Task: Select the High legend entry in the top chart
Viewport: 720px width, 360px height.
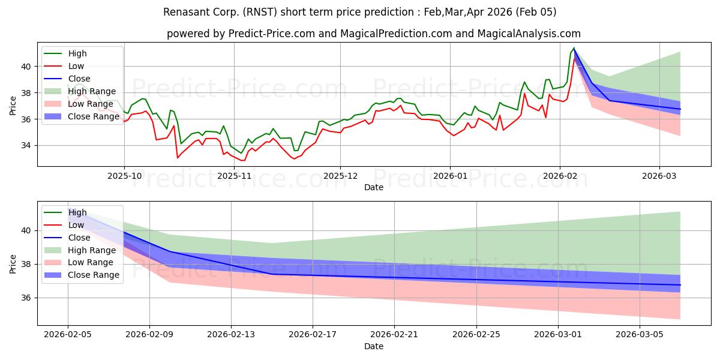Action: (76, 53)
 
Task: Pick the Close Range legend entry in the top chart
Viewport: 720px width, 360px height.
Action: (94, 116)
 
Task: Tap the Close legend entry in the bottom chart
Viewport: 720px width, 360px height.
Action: (79, 237)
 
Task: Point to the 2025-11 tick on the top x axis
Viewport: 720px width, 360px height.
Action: (234, 176)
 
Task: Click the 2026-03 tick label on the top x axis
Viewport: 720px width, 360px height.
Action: (659, 176)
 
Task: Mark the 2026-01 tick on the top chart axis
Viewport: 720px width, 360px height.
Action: (450, 176)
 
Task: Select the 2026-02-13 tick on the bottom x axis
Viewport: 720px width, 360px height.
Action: (231, 335)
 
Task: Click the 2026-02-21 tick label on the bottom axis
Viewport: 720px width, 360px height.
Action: (395, 335)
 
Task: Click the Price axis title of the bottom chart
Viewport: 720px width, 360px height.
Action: (13, 263)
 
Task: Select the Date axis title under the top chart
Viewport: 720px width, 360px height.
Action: (374, 188)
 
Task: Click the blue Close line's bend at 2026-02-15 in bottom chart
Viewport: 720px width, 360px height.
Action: (272, 274)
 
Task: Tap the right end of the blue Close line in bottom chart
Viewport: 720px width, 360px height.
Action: (680, 285)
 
